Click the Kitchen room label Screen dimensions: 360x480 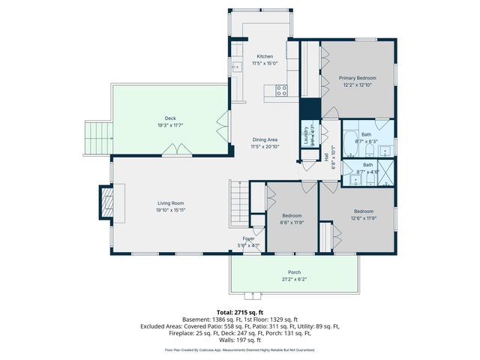[x=265, y=57]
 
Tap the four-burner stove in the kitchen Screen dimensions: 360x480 [x=282, y=90]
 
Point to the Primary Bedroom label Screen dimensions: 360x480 [x=357, y=78]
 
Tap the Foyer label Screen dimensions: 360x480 [x=248, y=238]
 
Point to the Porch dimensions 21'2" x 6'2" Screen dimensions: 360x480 [x=294, y=280]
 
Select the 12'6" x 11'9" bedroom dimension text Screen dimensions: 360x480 [x=364, y=218]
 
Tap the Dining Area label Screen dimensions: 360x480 [x=265, y=140]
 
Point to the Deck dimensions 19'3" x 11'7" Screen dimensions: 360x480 [x=170, y=125]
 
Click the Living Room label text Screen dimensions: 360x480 [x=170, y=203]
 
